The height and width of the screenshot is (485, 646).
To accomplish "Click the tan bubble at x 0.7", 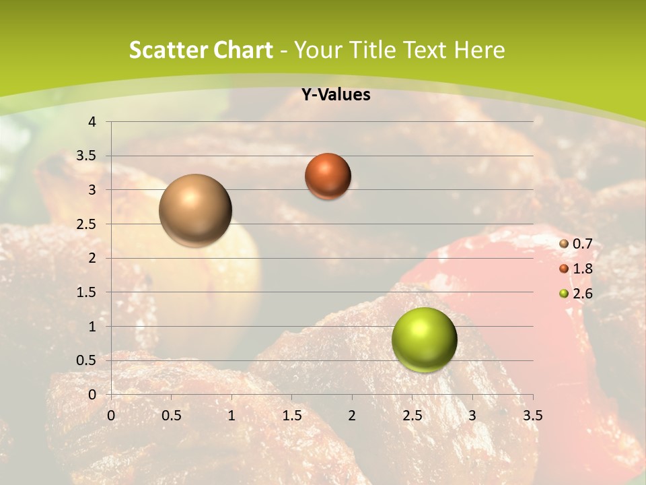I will point(195,210).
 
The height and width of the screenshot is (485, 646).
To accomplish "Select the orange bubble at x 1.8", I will point(328,176).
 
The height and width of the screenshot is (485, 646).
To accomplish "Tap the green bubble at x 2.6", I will point(424,339).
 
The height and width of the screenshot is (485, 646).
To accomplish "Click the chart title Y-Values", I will point(336,95).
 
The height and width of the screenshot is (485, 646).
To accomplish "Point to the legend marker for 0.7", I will point(564,245).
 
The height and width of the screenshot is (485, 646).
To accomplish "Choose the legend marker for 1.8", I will point(564,269).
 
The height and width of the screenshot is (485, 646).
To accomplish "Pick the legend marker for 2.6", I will point(564,294).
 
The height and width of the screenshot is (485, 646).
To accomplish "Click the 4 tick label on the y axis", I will point(92,122).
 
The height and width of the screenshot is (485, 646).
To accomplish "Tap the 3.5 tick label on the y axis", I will point(86,156).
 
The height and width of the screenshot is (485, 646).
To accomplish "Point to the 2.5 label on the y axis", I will point(86,224).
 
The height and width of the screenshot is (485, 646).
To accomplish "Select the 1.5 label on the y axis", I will point(86,292).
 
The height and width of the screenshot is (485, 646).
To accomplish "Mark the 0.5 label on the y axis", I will point(86,360).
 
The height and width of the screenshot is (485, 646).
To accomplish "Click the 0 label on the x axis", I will point(111,416).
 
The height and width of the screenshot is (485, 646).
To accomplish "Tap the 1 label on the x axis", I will point(231,416).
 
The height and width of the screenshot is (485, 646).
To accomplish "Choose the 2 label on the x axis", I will point(352,416).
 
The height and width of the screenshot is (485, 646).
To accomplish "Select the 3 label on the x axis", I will point(472,416).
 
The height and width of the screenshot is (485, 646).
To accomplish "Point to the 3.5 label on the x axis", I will point(532,416).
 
